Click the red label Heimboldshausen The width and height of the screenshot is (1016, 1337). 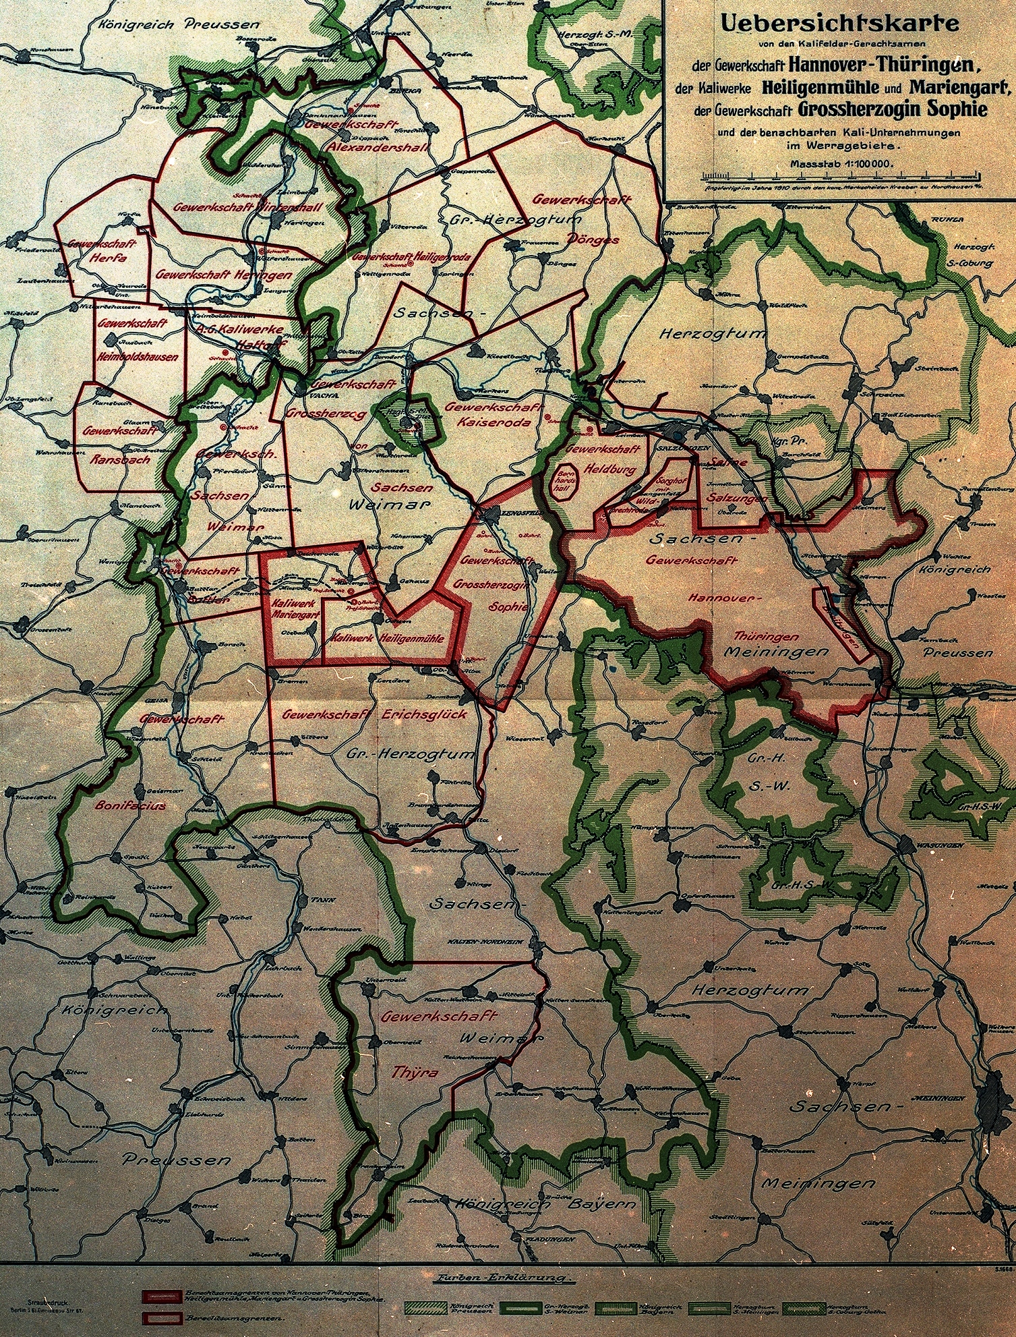tap(137, 356)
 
